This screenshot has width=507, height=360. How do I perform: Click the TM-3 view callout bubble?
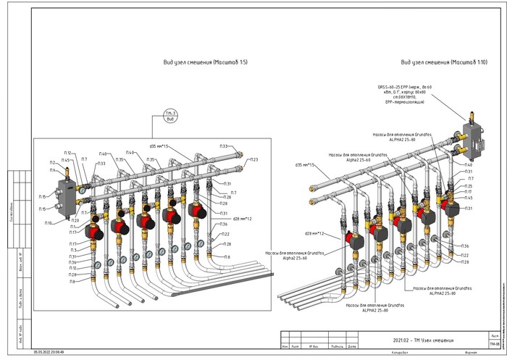(171, 115)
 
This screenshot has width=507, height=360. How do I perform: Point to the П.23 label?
(253, 159)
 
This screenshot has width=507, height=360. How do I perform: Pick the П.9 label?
(52, 170)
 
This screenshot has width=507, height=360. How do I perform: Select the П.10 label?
(48, 223)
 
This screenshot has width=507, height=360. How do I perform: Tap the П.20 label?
(75, 220)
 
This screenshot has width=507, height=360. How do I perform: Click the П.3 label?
(73, 250)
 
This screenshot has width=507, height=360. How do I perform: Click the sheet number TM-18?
(493, 344)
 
